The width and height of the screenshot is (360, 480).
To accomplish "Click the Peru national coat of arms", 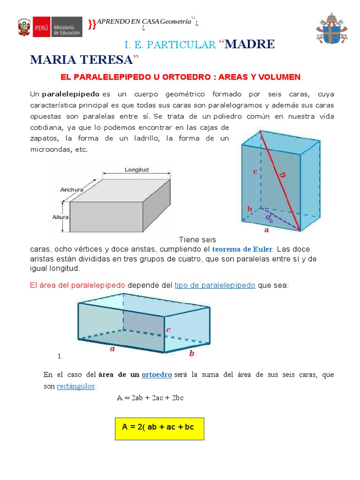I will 23,28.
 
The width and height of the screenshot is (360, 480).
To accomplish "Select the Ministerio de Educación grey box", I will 66,28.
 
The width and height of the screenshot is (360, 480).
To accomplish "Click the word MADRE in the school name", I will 250,45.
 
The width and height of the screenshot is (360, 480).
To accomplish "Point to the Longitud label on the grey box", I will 137,169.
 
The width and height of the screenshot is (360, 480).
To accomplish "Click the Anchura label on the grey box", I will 72,190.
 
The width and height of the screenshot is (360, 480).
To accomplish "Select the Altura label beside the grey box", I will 60,217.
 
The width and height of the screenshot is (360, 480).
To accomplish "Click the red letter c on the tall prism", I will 255,172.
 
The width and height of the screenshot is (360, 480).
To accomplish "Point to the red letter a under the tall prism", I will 267,230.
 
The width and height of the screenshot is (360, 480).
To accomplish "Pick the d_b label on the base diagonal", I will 269,218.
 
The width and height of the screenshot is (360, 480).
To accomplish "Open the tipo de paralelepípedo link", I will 215,285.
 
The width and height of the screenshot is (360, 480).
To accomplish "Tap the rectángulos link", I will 76,386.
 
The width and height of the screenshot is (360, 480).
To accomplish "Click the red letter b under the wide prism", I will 191,354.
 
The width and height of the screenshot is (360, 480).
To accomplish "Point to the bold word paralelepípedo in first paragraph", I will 71,94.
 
